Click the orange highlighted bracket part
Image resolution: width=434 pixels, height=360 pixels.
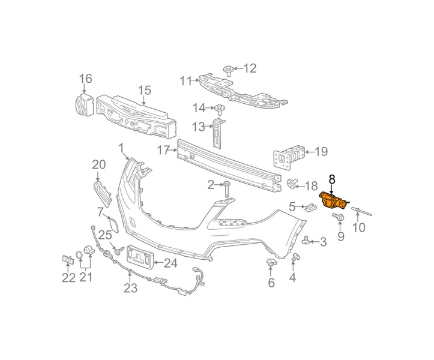click(x=333, y=200)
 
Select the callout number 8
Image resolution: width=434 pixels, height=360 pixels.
click(x=331, y=178)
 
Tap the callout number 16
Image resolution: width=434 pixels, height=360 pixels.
click(x=86, y=78)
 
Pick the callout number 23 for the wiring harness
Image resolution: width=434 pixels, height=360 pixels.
click(x=131, y=288)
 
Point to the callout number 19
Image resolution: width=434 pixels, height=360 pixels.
click(x=321, y=152)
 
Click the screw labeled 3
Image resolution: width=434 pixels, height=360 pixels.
click(x=307, y=241)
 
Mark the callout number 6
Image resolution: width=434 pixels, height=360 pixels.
click(x=271, y=282)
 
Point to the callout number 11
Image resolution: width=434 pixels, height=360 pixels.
click(x=186, y=80)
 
